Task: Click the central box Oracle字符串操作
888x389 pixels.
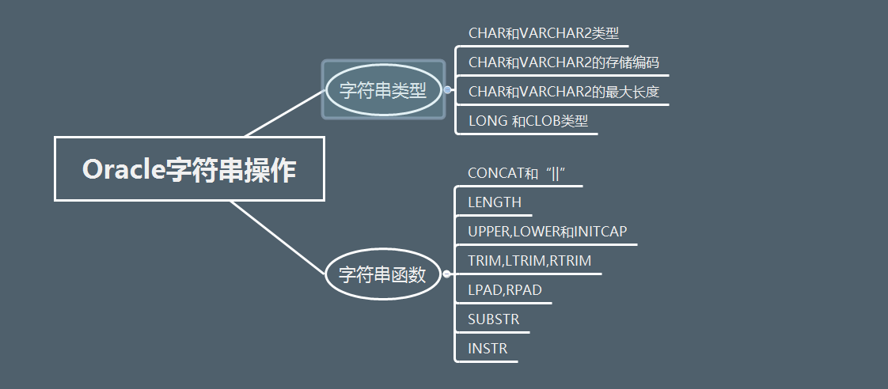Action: pos(189,169)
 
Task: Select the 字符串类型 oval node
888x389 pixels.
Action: pos(383,90)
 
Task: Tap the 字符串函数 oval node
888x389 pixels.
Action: pos(383,274)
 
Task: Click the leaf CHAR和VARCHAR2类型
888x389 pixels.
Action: pos(543,33)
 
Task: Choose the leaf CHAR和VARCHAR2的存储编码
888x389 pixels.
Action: pos(564,62)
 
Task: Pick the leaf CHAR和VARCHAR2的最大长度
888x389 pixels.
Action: pos(564,92)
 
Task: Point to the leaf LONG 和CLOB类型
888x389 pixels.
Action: pos(528,121)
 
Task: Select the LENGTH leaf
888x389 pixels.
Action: pos(495,202)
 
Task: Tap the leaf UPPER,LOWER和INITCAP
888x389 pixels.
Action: pos(548,232)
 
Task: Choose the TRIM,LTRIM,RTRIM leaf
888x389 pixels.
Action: pos(529,261)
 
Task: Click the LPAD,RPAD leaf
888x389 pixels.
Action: pos(505,290)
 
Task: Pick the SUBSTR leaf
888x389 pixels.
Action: pos(494,319)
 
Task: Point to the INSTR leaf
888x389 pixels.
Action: pos(488,349)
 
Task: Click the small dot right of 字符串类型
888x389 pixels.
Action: pos(448,90)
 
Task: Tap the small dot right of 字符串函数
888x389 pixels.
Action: pos(447,274)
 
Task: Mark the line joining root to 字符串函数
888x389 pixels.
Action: pos(277,236)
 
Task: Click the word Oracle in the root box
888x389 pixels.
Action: pos(123,170)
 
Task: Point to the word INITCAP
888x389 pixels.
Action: pos(601,232)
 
